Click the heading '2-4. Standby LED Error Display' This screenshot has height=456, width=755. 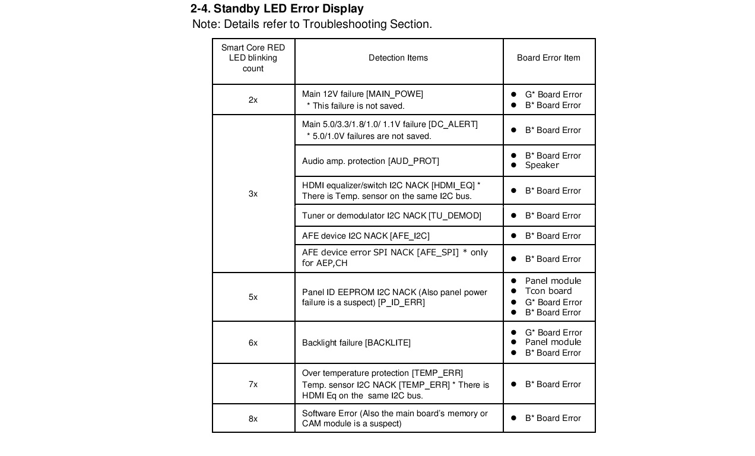(x=277, y=9)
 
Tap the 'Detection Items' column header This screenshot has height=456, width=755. (x=398, y=58)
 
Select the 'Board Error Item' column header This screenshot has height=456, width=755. (x=548, y=58)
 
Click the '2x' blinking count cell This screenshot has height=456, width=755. (x=253, y=100)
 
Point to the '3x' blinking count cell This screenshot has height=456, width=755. (x=253, y=194)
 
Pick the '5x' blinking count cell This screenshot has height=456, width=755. (x=253, y=297)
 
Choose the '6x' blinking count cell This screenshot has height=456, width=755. (x=253, y=343)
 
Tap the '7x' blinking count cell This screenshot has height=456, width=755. (x=253, y=384)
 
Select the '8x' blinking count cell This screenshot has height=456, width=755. (x=253, y=419)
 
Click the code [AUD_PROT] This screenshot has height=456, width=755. (x=413, y=161)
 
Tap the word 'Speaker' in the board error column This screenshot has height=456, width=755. (x=542, y=165)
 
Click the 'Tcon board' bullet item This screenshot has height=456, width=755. (x=548, y=291)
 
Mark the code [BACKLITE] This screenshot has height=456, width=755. (x=388, y=343)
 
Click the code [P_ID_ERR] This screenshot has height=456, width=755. (x=401, y=302)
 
